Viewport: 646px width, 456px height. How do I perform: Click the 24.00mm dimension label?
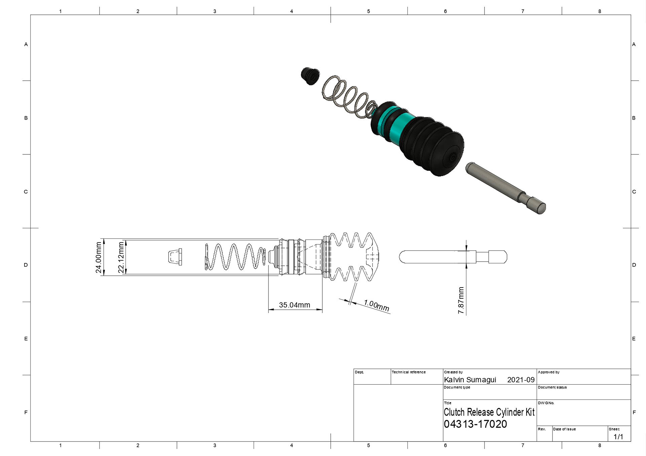click(x=98, y=257)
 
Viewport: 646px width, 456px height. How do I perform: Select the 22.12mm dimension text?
click(x=121, y=258)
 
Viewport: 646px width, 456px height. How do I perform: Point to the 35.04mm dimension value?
click(x=294, y=305)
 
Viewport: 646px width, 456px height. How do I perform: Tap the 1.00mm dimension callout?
click(x=376, y=305)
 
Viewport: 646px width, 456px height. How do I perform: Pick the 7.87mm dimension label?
click(x=461, y=300)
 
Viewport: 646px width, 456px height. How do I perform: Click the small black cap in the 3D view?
click(x=310, y=76)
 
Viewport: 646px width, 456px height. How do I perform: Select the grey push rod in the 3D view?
click(x=506, y=188)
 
